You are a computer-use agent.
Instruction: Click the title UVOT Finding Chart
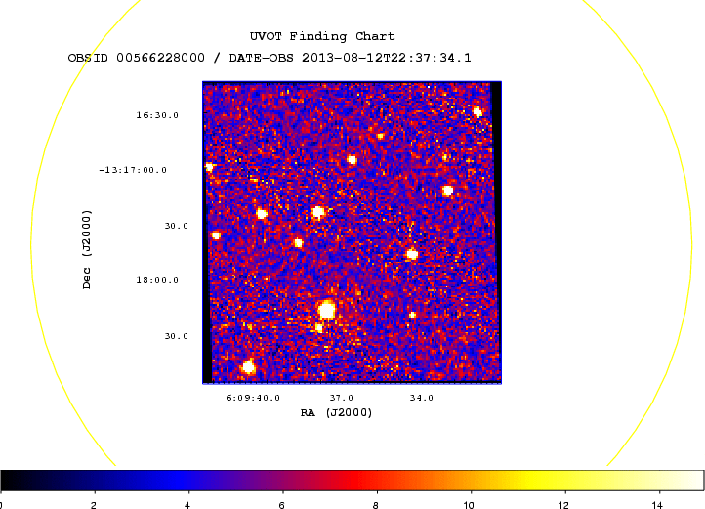coord(322,36)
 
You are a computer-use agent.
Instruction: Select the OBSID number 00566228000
coord(160,58)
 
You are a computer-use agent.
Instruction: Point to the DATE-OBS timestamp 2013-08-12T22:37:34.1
coord(387,58)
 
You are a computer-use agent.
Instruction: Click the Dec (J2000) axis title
coord(87,249)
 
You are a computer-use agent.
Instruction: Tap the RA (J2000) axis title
coord(336,412)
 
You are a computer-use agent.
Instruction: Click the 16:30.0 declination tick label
coord(157,115)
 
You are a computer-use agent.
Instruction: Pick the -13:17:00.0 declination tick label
coord(133,170)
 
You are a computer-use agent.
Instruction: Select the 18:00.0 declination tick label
coord(157,280)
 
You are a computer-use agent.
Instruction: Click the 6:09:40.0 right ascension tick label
coord(253,398)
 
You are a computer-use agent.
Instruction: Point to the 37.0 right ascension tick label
coord(341,398)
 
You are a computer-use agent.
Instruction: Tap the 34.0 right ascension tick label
coord(421,398)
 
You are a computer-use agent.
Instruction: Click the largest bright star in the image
coord(326,310)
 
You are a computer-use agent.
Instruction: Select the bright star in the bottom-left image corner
coord(248,368)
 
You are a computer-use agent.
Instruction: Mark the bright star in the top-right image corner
coord(477,112)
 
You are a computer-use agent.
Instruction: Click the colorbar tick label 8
coord(375,505)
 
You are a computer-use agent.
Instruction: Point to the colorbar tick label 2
coord(94,505)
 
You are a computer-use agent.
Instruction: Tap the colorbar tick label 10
coord(469,505)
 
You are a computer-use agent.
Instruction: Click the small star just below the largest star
coord(318,327)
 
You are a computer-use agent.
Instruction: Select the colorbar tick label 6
coord(281,505)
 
